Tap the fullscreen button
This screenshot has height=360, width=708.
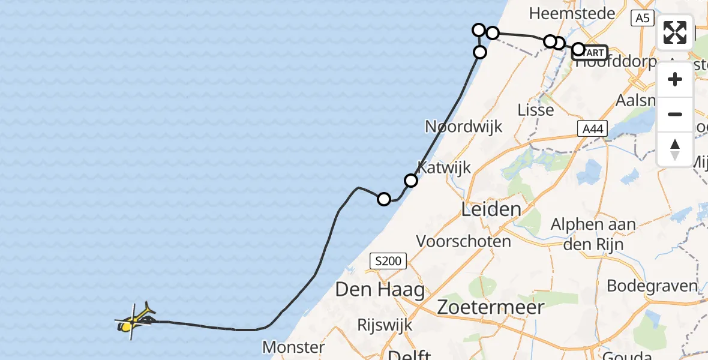[x=675, y=32]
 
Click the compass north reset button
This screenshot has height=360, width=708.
[x=675, y=149]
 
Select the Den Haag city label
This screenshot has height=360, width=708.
[x=380, y=290]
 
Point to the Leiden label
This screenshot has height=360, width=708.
[x=491, y=209]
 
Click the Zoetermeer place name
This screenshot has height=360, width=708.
[x=491, y=307]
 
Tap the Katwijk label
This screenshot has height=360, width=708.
[x=445, y=167]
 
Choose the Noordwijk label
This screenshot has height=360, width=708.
[x=463, y=127]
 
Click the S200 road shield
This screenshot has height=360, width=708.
[x=388, y=261]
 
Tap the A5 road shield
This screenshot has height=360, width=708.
[x=642, y=19]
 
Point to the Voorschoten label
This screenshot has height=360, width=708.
[x=464, y=242]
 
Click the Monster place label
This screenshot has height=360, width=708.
[x=293, y=347]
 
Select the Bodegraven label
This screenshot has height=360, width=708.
[x=652, y=285]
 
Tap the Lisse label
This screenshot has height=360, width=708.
[x=536, y=110]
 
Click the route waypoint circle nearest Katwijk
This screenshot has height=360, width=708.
[x=411, y=180]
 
